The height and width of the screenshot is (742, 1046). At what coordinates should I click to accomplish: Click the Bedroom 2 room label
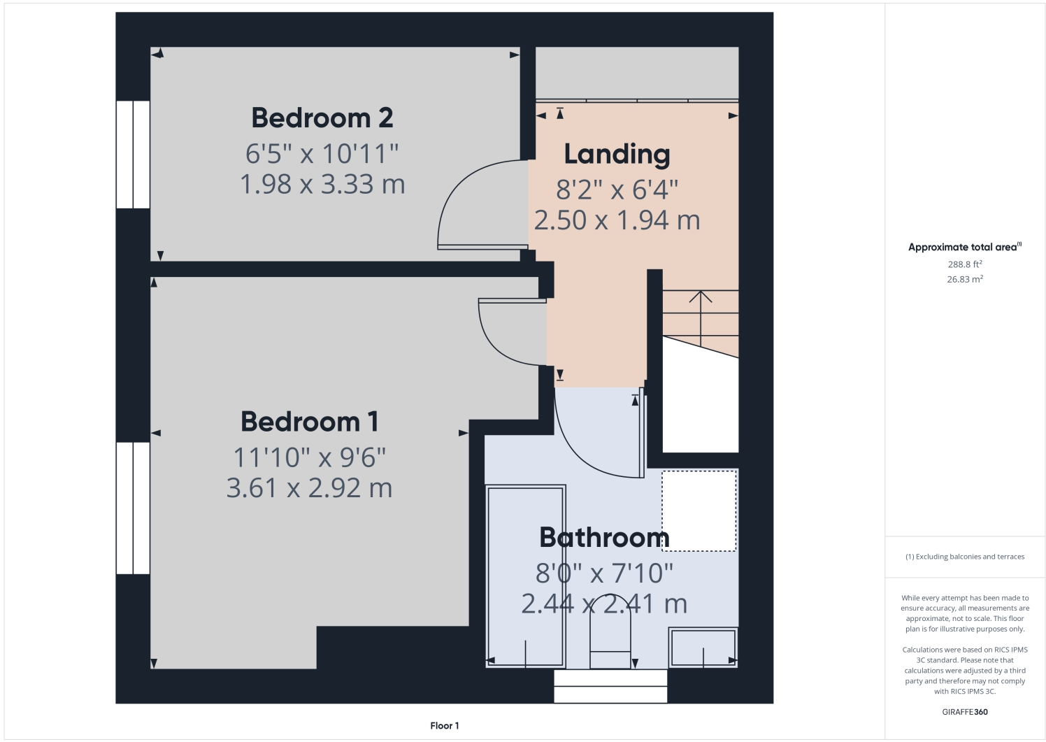(x=322, y=118)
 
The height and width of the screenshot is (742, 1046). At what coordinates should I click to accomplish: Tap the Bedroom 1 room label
(x=310, y=422)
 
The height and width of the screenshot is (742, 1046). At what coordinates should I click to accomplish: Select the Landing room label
(x=617, y=155)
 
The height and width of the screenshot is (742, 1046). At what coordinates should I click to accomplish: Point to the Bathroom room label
(x=604, y=538)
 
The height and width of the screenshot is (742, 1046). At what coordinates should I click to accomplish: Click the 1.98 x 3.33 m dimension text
(x=322, y=185)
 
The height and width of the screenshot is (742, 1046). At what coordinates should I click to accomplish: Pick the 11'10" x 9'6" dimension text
(x=310, y=458)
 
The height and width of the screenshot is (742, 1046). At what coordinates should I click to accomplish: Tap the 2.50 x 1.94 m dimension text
(x=617, y=221)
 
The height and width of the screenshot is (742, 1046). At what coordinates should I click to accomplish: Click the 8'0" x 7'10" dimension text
(x=604, y=573)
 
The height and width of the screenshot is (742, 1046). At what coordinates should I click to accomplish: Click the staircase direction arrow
(x=701, y=297)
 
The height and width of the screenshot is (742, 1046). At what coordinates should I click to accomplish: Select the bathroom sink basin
(x=703, y=647)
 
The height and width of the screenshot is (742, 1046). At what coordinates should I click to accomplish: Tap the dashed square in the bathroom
(x=698, y=511)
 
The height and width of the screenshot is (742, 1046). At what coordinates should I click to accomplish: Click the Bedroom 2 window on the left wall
(x=133, y=155)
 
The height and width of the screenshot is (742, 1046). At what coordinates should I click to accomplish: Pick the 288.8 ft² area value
(x=965, y=264)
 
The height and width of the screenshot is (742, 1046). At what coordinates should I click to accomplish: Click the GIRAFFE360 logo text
(x=965, y=712)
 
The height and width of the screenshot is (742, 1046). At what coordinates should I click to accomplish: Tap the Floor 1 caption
(x=445, y=726)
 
